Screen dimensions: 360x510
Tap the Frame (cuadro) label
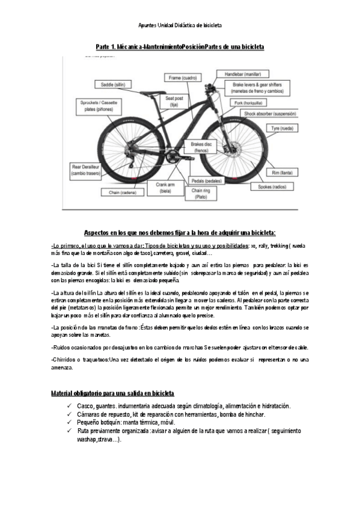183,78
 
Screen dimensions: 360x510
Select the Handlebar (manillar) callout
238,73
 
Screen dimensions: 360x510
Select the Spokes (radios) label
271,187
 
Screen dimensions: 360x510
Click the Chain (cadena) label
123,192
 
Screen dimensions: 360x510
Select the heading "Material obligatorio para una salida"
113,393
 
